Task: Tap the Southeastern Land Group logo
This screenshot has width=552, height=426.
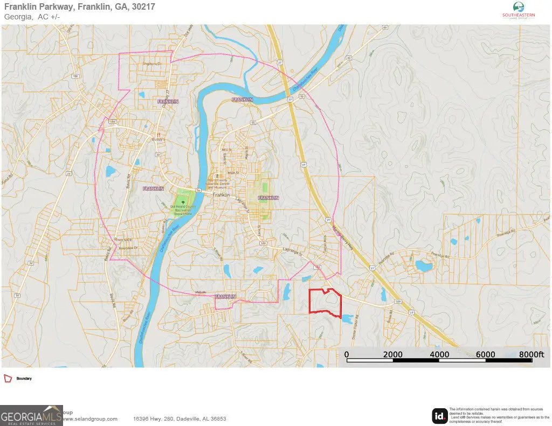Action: (x=518, y=11)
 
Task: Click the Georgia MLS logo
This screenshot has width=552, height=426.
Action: (x=31, y=416)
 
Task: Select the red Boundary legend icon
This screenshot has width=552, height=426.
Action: (x=8, y=379)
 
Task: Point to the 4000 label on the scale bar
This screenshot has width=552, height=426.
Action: (x=439, y=354)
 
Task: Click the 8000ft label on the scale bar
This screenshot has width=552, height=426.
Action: (x=532, y=354)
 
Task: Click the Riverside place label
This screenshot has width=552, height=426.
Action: (x=123, y=240)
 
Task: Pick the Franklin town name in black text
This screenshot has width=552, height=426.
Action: (x=222, y=194)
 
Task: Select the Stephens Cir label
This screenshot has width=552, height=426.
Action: (x=152, y=65)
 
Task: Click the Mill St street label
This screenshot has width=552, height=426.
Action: (x=226, y=150)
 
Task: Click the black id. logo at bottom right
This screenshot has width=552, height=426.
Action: (x=439, y=416)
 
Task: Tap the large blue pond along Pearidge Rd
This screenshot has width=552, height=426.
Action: (x=424, y=266)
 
